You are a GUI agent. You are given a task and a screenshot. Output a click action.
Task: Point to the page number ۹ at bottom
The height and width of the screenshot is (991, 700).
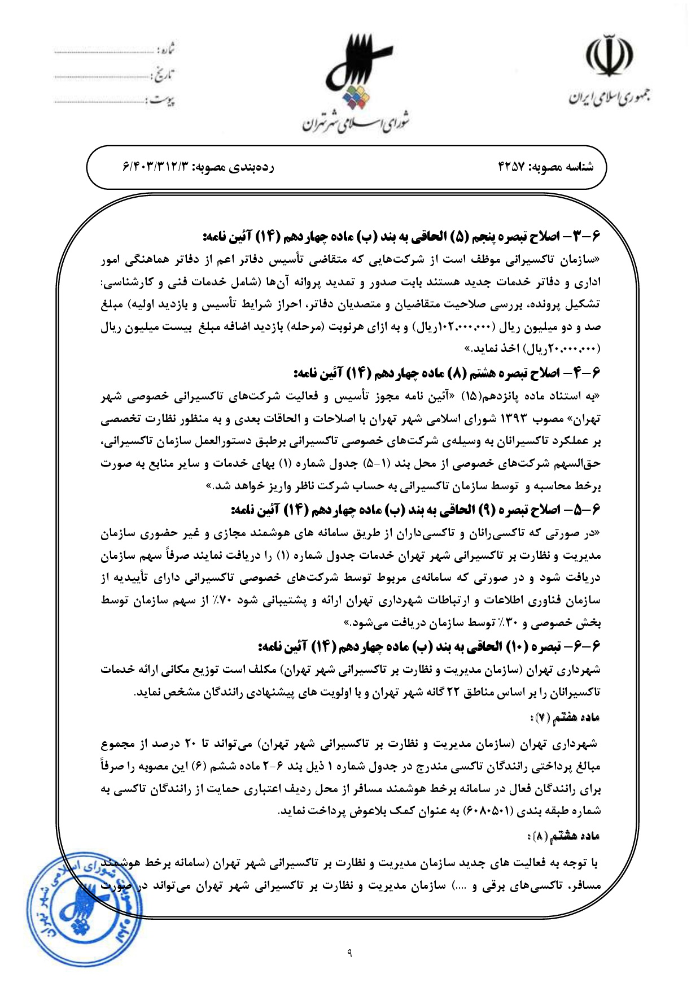coord(349,954)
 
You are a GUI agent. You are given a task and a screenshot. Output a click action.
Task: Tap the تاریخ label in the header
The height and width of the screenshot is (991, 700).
coord(164,75)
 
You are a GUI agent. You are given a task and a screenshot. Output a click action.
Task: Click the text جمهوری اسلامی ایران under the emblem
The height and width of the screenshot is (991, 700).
coord(608,97)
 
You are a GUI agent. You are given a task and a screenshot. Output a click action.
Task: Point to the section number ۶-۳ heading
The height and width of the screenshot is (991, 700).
coord(588,236)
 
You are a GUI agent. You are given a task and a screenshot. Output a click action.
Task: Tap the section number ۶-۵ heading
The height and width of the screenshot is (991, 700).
coord(588,510)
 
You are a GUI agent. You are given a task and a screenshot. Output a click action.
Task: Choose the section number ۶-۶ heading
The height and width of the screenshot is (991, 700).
coord(588,646)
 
